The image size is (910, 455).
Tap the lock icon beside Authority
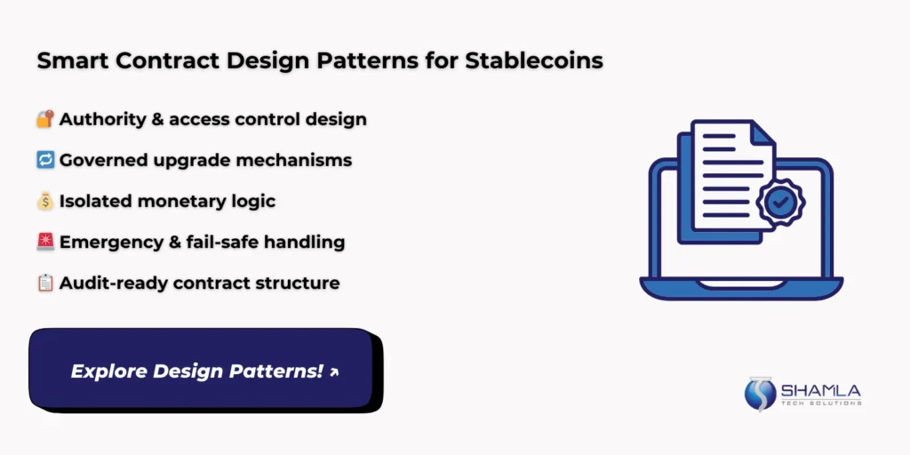coord(45,119)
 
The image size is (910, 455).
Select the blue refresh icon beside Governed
coord(45,160)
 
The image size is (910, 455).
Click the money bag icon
coord(45,201)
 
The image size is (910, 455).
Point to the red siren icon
coord(45,242)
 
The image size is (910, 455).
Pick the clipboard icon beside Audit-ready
coord(45,283)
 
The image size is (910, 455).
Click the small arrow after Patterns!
coord(334,372)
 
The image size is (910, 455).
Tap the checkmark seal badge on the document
coord(779,203)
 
